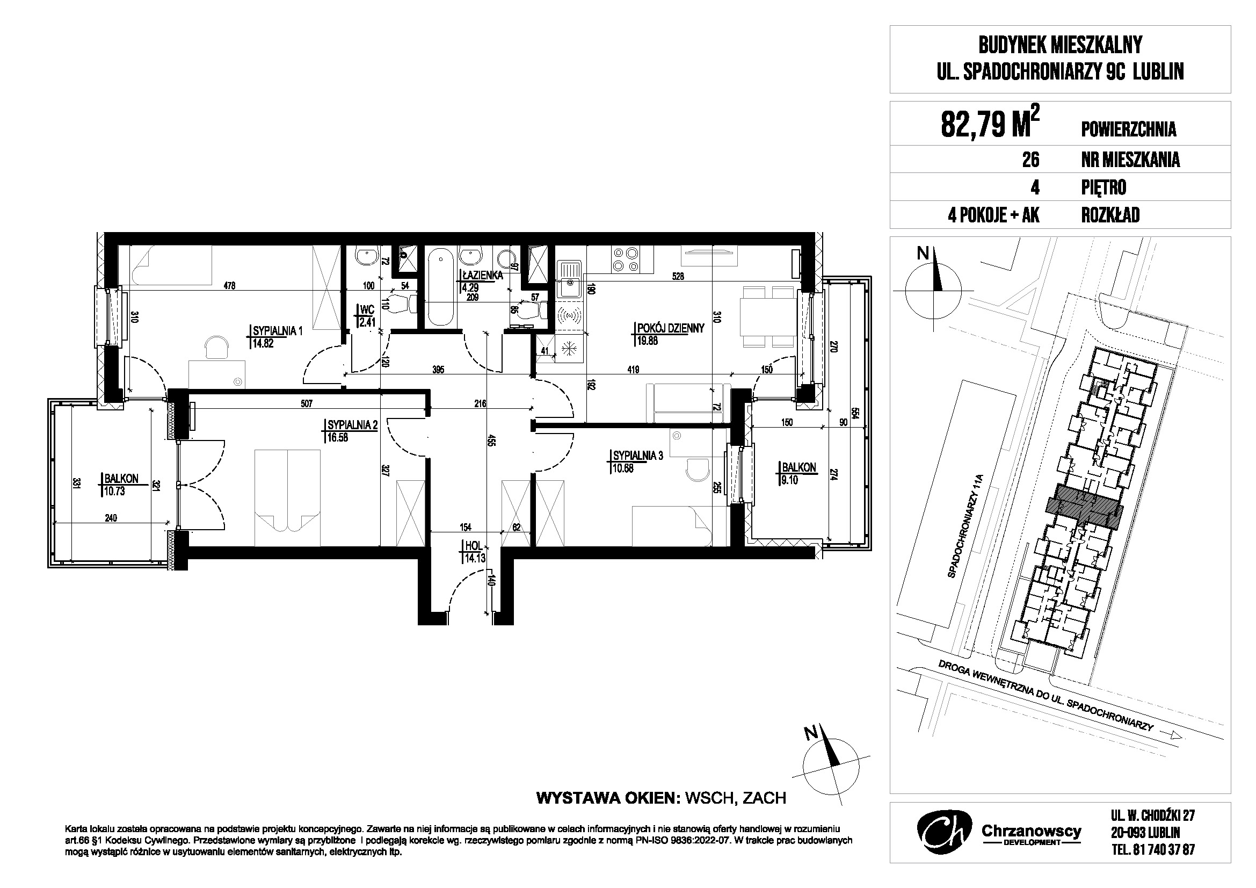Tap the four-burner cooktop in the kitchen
click(626, 260)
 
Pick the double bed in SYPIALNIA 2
click(288, 498)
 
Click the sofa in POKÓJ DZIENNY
click(688, 403)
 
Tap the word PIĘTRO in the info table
click(1103, 187)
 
